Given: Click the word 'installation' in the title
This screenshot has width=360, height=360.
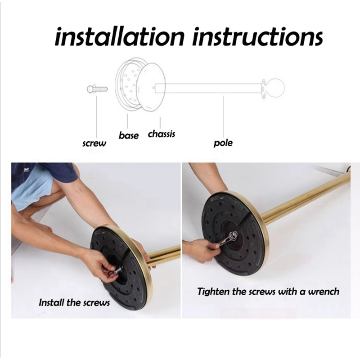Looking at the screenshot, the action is (119, 37).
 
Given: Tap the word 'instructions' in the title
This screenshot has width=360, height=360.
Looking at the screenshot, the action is (258, 37).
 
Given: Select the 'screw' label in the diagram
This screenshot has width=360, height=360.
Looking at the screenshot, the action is (94, 144).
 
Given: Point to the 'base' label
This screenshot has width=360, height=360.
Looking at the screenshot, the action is (129, 135).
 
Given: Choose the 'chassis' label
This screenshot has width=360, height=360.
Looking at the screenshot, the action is (162, 134).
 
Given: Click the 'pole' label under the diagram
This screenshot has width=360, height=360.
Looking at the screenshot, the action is (223, 143).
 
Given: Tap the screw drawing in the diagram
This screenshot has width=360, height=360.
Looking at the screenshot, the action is (97, 88).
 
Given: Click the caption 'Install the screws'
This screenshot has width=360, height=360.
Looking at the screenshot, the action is (74, 302).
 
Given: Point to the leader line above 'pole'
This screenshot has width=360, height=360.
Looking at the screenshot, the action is (223, 117).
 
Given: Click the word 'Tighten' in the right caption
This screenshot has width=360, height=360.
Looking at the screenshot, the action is (213, 292).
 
